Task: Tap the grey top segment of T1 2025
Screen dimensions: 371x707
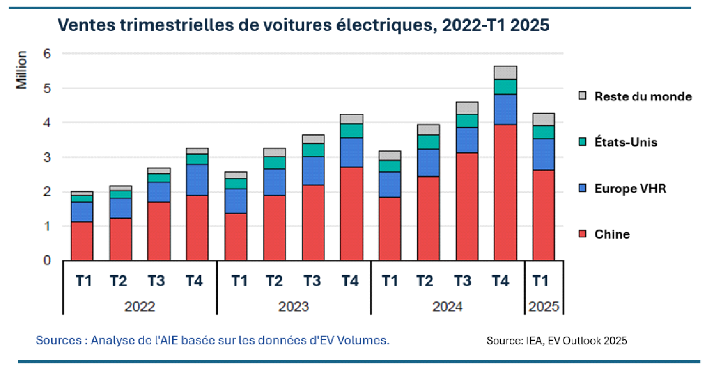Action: tap(543, 119)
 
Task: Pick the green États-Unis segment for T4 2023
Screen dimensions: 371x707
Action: tap(351, 131)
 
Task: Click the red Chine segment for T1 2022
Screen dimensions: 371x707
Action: tap(82, 241)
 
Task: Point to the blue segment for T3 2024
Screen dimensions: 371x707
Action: tap(466, 140)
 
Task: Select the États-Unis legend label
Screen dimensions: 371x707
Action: tap(626, 142)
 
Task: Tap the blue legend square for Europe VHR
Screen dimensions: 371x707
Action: tap(582, 189)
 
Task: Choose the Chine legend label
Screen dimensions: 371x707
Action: tap(612, 235)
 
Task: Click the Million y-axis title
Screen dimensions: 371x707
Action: tap(22, 70)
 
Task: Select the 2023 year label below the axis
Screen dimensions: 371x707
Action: tap(294, 306)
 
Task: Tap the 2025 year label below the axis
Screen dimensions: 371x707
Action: tap(544, 306)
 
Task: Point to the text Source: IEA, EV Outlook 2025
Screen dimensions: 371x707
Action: tap(557, 340)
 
